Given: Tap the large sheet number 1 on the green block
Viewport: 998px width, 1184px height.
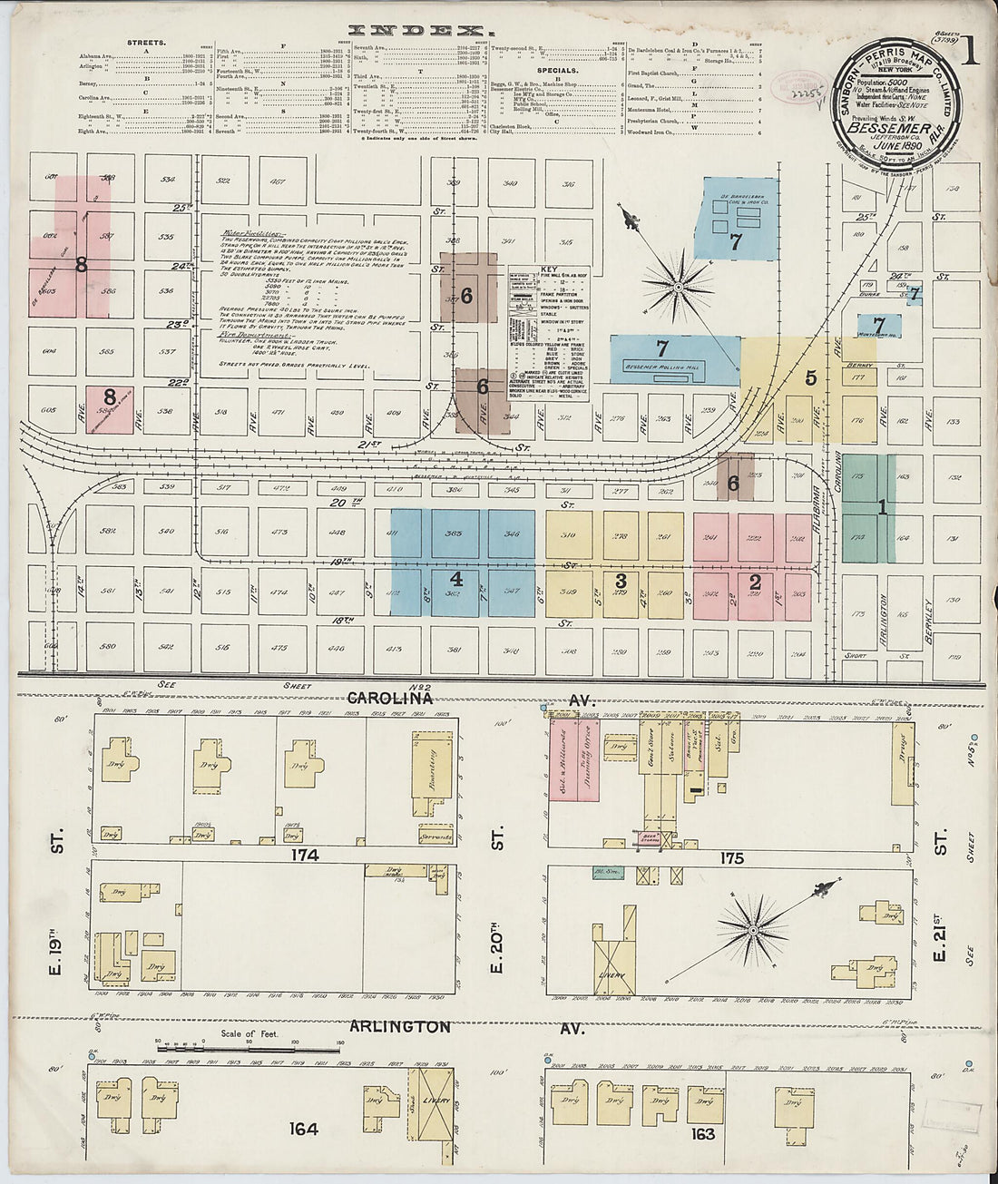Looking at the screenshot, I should coord(881,510).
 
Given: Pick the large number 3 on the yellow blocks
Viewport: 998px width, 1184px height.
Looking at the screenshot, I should coord(456,578).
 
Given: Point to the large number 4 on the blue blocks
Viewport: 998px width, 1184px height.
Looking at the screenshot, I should coord(810,377).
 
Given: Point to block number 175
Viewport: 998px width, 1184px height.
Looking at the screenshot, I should coord(731,857).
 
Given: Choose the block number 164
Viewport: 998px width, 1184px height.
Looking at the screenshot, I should coord(303,1130).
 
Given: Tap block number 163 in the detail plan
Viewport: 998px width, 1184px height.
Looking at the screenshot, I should coord(702,1133).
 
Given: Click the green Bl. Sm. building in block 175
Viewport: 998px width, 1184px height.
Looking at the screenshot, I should coord(605,874).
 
